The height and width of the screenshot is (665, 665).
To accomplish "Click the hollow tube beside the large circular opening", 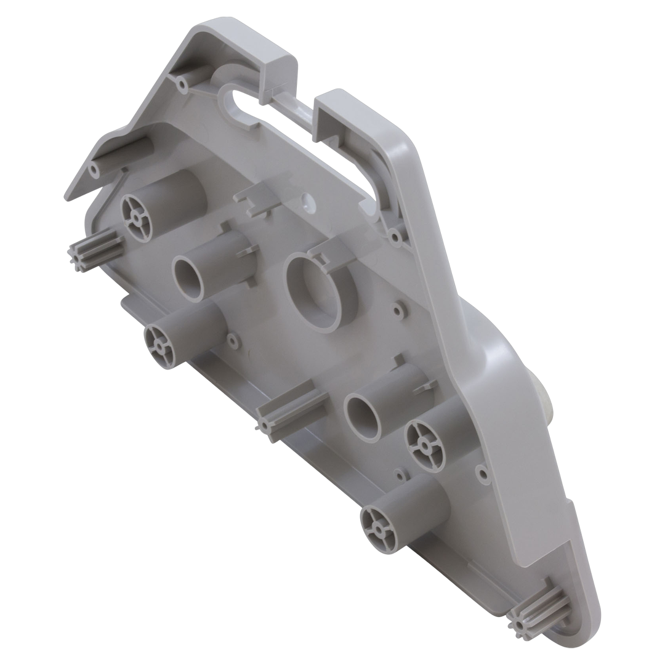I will (x=188, y=277).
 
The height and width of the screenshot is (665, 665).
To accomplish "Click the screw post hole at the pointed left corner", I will (x=94, y=167).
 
